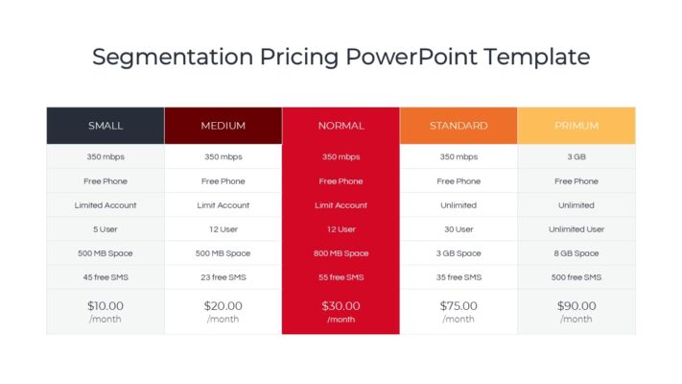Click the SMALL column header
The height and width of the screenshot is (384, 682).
(x=106, y=126)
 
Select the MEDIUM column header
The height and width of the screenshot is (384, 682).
(x=223, y=126)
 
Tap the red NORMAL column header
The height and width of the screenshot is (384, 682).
(x=341, y=126)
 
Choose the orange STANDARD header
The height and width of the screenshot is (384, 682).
(x=459, y=126)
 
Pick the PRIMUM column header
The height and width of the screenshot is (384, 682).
(x=576, y=126)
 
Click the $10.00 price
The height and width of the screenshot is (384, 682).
(x=106, y=306)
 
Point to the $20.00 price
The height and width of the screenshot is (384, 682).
(x=223, y=306)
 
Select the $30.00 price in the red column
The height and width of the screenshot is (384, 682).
(x=341, y=306)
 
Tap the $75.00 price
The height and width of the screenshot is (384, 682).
(x=459, y=306)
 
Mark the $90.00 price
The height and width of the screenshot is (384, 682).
(x=576, y=306)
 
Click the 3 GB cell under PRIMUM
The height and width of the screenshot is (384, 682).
(x=576, y=156)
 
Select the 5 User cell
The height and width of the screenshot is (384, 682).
(x=106, y=229)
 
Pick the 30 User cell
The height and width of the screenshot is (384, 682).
(x=459, y=229)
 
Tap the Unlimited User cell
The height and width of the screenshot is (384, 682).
(x=576, y=229)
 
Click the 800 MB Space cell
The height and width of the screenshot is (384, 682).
(x=341, y=253)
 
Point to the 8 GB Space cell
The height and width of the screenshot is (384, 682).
(x=576, y=253)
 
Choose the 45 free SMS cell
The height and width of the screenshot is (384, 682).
(x=106, y=277)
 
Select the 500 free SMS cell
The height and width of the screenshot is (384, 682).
(x=576, y=277)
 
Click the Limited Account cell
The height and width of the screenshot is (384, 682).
(x=106, y=205)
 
